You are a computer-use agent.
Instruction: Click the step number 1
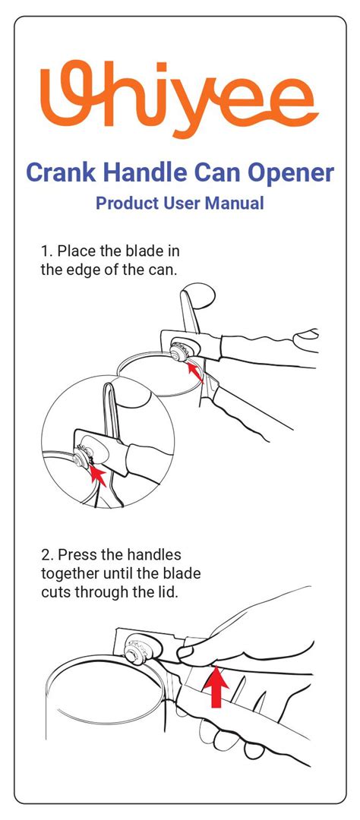click(x=45, y=251)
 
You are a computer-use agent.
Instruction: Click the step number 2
click(x=46, y=553)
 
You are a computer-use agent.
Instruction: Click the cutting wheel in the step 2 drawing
click(x=136, y=652)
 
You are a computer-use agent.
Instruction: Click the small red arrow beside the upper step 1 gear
click(x=195, y=372)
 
